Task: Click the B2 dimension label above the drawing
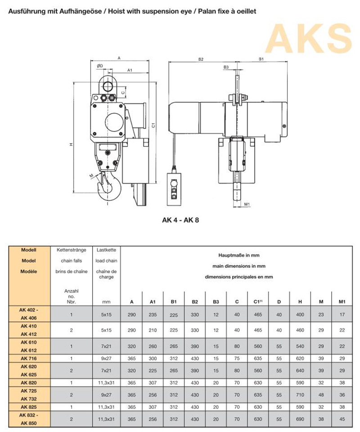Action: (201, 59)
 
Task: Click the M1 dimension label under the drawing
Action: (247, 204)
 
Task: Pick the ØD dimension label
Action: (100, 66)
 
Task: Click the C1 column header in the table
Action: (253, 301)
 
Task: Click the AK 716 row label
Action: (28, 358)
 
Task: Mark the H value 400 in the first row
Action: (300, 315)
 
